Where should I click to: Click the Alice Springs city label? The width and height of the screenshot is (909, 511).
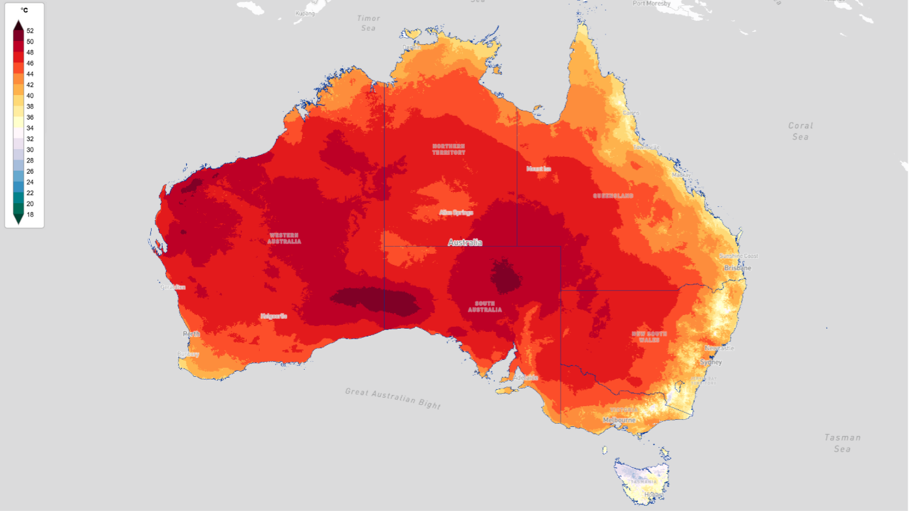coord(456,212)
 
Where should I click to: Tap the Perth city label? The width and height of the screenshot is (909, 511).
coord(191,334)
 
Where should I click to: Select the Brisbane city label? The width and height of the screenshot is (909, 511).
coord(738,268)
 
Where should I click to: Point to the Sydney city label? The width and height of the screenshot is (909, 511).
coord(710,362)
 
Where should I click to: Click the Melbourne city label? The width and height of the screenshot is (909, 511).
coord(619,420)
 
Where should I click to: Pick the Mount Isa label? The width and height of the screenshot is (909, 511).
coord(538,169)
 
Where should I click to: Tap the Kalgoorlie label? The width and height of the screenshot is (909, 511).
coord(273,316)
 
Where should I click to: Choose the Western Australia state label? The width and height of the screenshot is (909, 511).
coord(285,238)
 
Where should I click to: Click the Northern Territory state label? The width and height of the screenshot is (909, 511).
coord(449,149)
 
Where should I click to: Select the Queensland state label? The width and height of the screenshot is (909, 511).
coord(613,195)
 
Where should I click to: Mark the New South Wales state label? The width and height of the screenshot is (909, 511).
coord(649,337)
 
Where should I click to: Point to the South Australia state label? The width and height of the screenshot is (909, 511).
coord(485,306)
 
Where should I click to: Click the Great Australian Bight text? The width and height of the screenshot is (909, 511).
coord(393,398)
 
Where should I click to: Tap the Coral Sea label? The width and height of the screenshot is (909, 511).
coord(800,131)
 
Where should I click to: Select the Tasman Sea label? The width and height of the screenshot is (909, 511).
coord(842,443)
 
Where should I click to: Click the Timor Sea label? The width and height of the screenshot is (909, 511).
coord(368,23)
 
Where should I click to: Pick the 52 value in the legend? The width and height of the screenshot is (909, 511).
coord(30,31)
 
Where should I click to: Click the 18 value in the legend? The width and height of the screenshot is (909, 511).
coord(30,214)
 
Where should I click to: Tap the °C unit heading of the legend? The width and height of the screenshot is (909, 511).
coord(24,10)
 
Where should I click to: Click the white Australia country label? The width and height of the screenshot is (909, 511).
coord(465,242)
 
